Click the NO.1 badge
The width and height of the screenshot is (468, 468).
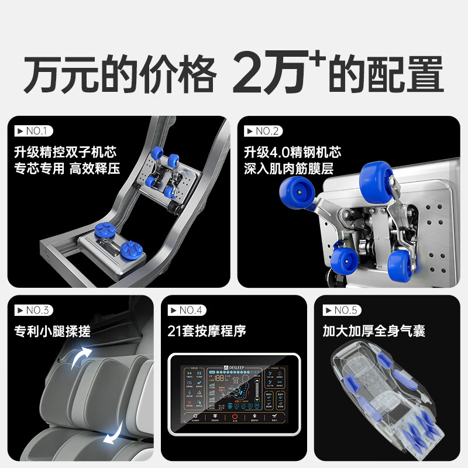tap(32, 130)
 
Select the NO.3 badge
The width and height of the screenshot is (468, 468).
tap(32, 310)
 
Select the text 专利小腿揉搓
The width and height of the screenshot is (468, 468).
tap(53, 331)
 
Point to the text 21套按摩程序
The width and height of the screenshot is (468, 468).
tap(207, 331)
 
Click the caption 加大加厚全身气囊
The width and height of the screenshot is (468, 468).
tap(374, 331)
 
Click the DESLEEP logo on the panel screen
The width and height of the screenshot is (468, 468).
tap(234, 367)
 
